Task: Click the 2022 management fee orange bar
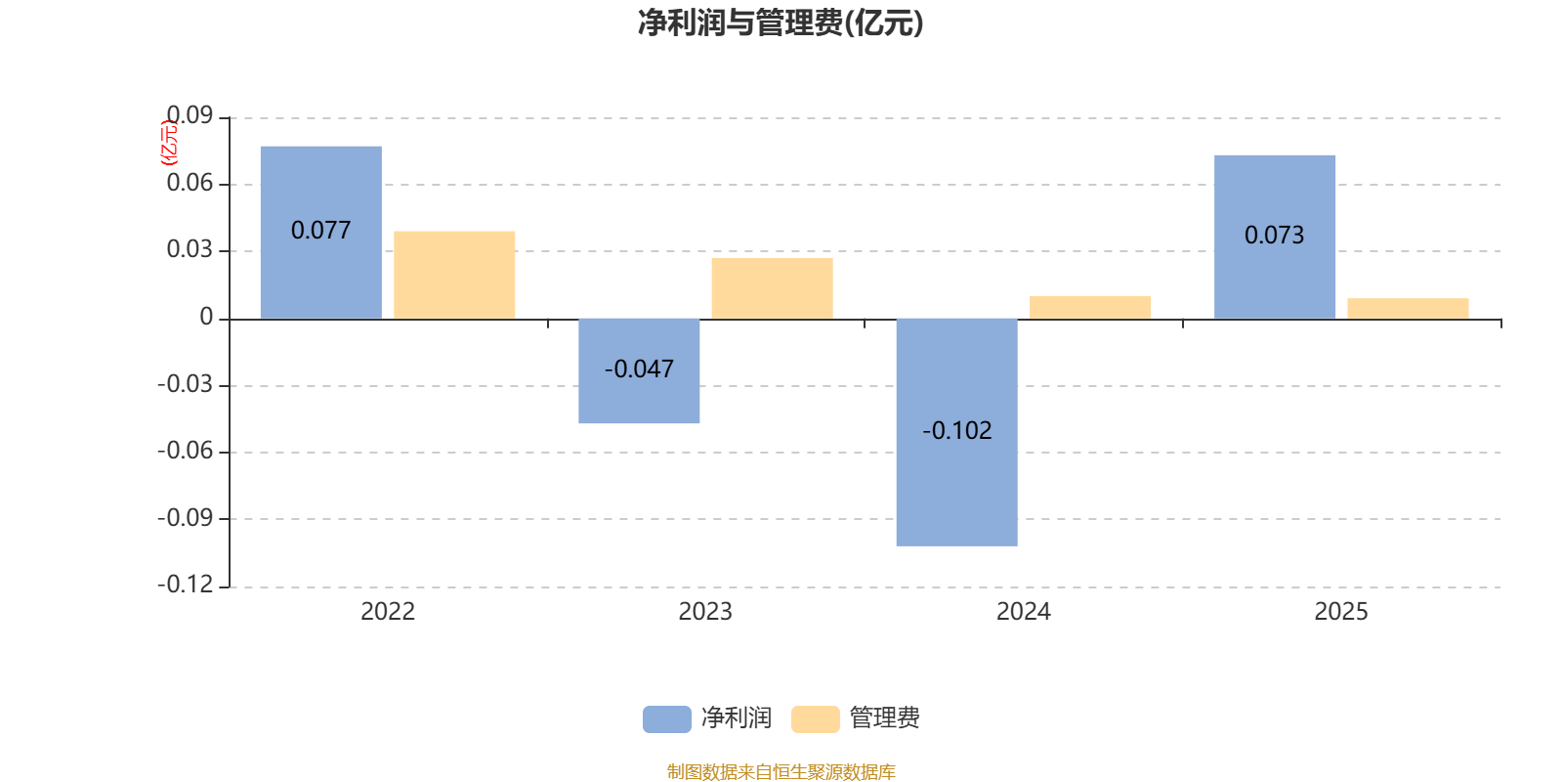[x=454, y=275]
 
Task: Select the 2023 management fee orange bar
[x=772, y=288]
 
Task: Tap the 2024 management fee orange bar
[x=1090, y=307]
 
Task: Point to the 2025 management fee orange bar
[x=1408, y=309]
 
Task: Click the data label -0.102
[x=956, y=431]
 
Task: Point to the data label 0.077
[x=320, y=231]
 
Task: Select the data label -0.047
[x=639, y=369]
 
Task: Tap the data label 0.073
[x=1274, y=236]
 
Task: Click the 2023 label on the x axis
[x=705, y=612]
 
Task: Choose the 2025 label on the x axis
[x=1340, y=612]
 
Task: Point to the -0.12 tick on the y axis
[x=186, y=585]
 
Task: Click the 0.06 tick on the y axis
[x=190, y=184]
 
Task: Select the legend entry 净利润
[x=708, y=718]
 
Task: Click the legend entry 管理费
[x=857, y=718]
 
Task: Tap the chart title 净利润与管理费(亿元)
[x=781, y=23]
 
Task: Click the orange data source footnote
[x=781, y=772]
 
